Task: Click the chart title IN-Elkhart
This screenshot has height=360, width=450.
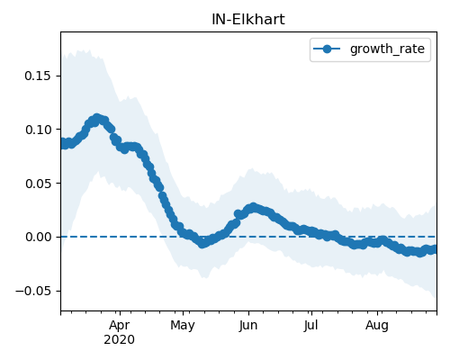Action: pos(248,20)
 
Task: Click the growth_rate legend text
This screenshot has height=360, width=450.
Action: pos(387,49)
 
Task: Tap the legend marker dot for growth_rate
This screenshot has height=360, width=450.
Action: pos(327,49)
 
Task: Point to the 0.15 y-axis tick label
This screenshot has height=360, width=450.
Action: pos(38,76)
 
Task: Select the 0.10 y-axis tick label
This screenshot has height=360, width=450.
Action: pos(38,130)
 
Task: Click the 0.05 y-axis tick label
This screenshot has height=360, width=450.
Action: pos(38,184)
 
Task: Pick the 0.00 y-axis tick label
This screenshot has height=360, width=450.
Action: pos(38,237)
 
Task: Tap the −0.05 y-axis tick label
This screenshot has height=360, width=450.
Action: pos(33,291)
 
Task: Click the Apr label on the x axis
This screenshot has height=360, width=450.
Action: pos(120,326)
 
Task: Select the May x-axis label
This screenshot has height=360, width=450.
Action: pos(183,326)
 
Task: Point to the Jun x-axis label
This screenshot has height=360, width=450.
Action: pos(248,326)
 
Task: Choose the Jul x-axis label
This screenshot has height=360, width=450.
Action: pos(311,326)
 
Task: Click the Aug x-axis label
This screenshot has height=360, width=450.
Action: pos(377,326)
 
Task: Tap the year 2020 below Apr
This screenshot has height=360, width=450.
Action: pos(120,340)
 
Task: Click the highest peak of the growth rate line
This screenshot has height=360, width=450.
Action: pos(96,118)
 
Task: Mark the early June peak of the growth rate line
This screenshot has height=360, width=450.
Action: pos(254,207)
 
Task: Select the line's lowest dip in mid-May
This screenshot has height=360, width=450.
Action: pos(202,244)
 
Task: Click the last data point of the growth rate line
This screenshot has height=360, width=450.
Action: pos(435,249)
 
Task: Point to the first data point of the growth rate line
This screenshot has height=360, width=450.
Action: pos(62,143)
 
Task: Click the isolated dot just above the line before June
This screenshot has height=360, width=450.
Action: pos(238,214)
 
